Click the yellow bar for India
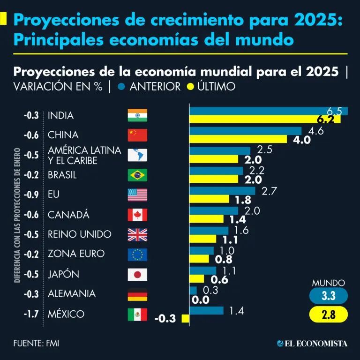tap(264, 120)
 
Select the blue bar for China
tap(245, 130)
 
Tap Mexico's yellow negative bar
tap(185, 319)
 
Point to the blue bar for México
tap(206, 310)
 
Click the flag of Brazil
tap(137, 175)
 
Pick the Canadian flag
tap(137, 215)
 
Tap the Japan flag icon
tap(137, 274)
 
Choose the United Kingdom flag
tap(137, 234)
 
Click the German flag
tap(137, 294)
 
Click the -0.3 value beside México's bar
tap(165, 319)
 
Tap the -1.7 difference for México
tap(31, 314)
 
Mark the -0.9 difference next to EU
tap(31, 195)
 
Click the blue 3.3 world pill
tap(329, 296)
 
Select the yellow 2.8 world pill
tap(329, 315)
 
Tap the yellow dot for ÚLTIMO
tap(190, 87)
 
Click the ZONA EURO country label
tap(76, 254)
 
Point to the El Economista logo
tap(312, 344)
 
